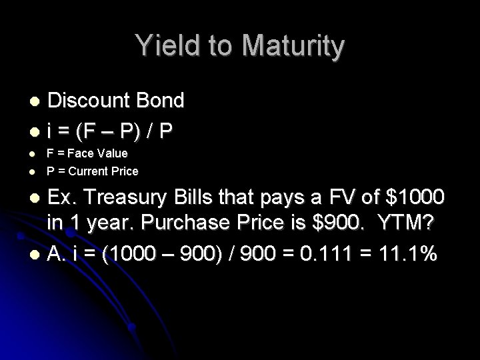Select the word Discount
(90, 101)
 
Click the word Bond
(160, 101)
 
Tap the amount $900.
(315, 225)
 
